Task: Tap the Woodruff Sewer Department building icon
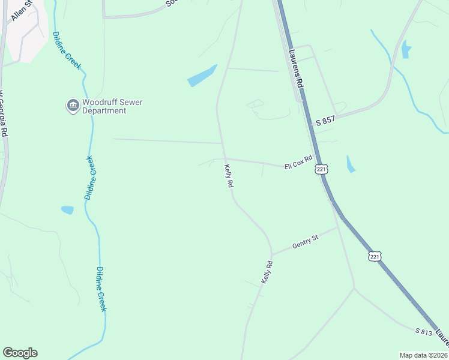(x=73, y=106)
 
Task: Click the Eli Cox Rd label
(x=299, y=162)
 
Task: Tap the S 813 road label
(x=424, y=331)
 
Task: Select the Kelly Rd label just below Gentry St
(x=267, y=272)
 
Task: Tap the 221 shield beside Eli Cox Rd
(x=322, y=170)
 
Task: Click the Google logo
(x=20, y=353)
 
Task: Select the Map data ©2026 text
(x=423, y=355)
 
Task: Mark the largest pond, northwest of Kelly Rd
(x=202, y=76)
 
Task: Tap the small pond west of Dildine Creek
(x=67, y=210)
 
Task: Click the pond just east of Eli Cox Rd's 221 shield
(x=351, y=164)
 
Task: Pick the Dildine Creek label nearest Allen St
(x=67, y=50)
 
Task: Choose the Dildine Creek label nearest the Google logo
(x=101, y=289)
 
